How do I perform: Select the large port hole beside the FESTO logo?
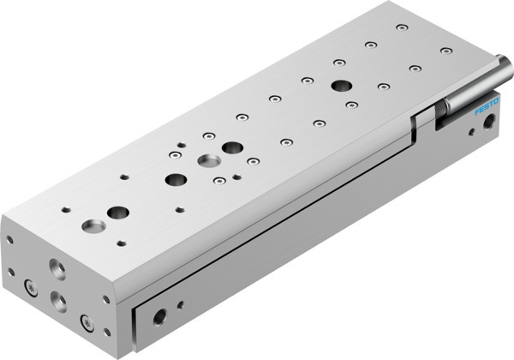pyautogui.click(x=489, y=123)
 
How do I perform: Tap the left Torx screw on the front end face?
pyautogui.click(x=31, y=289)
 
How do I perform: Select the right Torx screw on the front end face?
pyautogui.click(x=87, y=322)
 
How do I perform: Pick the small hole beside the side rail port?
pyautogui.click(x=180, y=303)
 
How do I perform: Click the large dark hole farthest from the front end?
pyautogui.click(x=343, y=86)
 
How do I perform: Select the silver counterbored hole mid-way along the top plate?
pyautogui.click(x=207, y=160)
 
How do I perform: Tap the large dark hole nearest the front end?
pyautogui.click(x=117, y=212)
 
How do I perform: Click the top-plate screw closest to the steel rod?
pyautogui.click(x=445, y=50)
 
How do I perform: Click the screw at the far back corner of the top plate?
pyautogui.click(x=402, y=27)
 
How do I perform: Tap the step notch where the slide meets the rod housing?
pyautogui.click(x=418, y=121)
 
